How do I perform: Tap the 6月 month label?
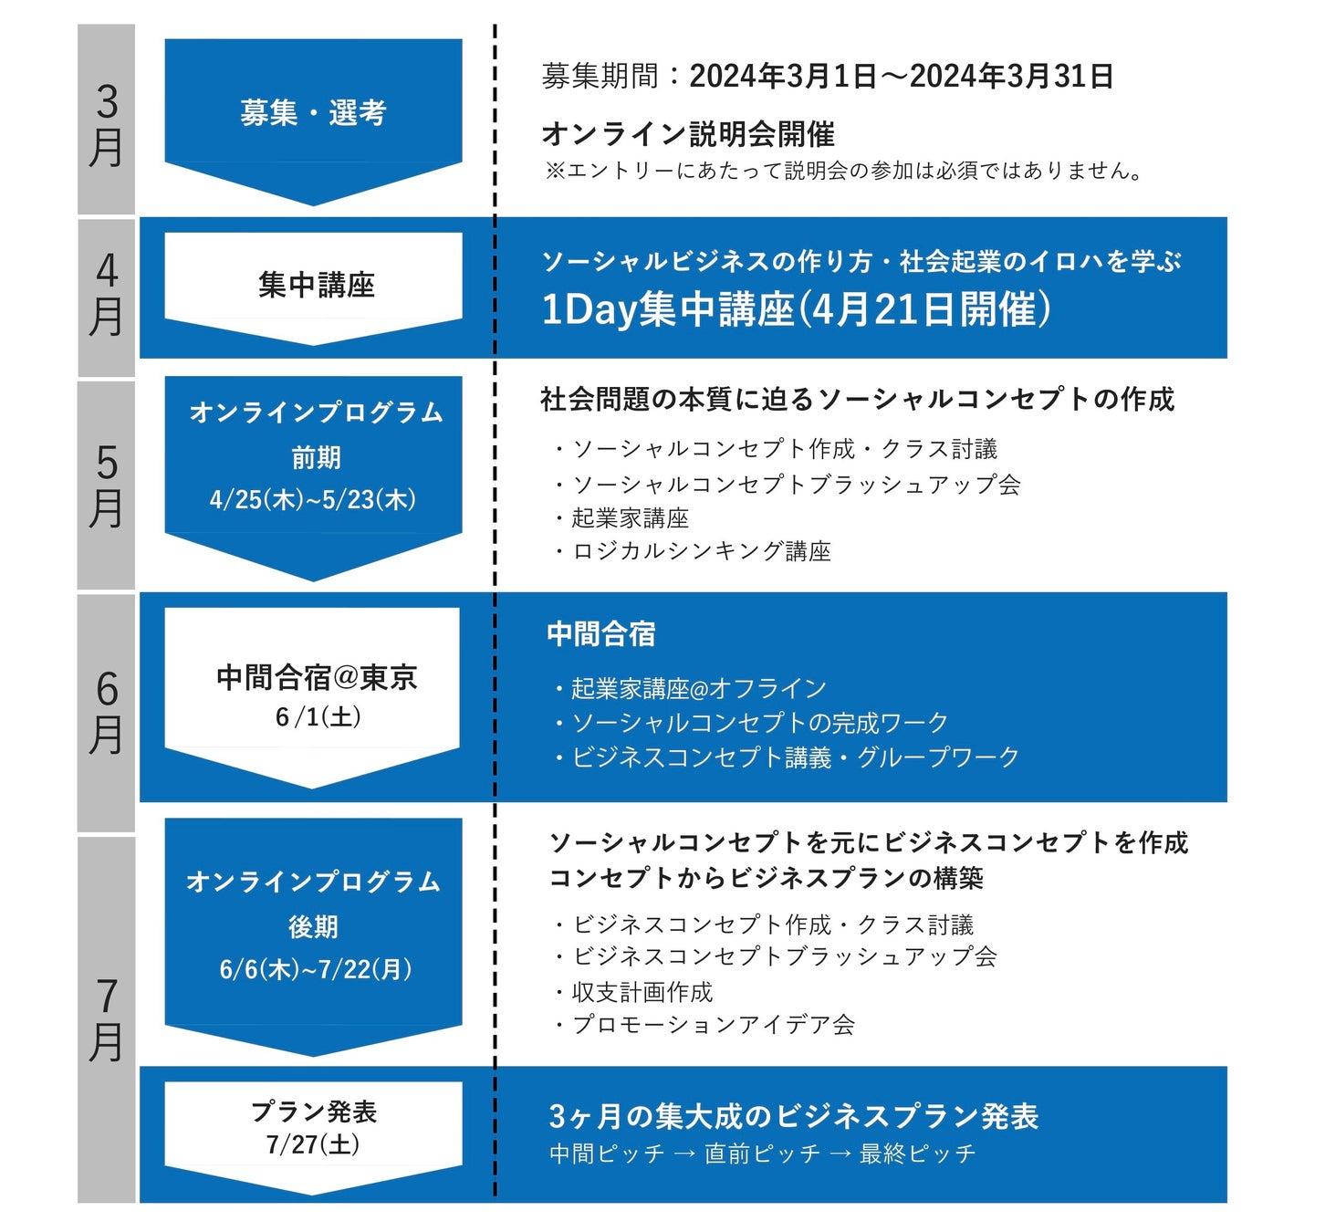click(x=107, y=712)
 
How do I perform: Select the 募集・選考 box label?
click(x=313, y=113)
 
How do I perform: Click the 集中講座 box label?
click(x=316, y=285)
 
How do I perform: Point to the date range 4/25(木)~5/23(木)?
click(x=313, y=499)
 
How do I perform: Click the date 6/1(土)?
click(x=318, y=716)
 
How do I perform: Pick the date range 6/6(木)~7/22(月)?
click(x=315, y=968)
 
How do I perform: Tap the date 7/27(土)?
click(x=313, y=1144)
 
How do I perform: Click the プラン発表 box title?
click(x=314, y=1112)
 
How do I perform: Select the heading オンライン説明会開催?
click(x=688, y=134)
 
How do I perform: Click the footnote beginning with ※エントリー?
click(x=843, y=171)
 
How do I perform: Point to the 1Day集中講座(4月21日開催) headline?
click(x=796, y=309)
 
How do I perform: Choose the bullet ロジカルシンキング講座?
click(x=701, y=551)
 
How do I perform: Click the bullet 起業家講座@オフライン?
click(x=698, y=688)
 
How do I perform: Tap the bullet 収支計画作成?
click(x=642, y=992)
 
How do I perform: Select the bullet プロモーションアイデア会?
click(x=713, y=1025)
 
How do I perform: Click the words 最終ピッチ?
click(x=917, y=1154)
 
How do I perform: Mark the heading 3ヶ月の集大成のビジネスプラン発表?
click(x=794, y=1116)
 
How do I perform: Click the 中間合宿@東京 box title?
click(x=317, y=677)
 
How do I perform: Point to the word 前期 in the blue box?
click(x=316, y=457)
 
